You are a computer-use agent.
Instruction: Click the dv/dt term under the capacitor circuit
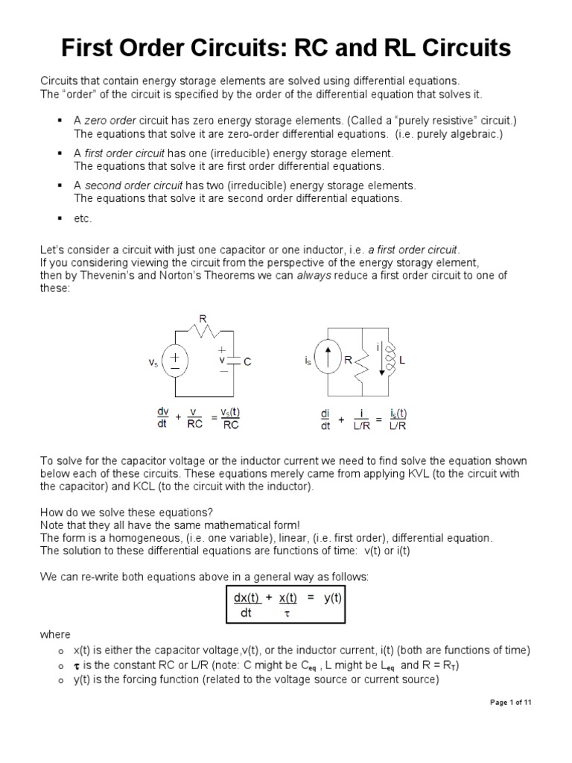tap(162, 420)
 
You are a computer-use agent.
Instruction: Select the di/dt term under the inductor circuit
tap(325, 420)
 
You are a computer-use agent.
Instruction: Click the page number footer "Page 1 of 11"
tap(510, 703)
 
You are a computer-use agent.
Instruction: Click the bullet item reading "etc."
tap(83, 218)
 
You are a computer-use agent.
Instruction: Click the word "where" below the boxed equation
tap(52, 634)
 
